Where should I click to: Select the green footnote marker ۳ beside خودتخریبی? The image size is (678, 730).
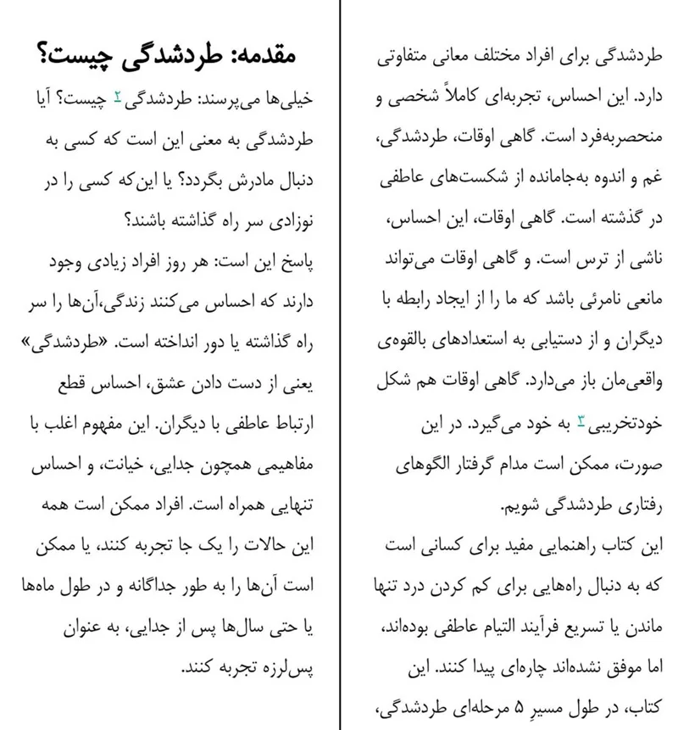point(581,421)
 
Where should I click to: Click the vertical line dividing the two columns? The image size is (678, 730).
point(339,365)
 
